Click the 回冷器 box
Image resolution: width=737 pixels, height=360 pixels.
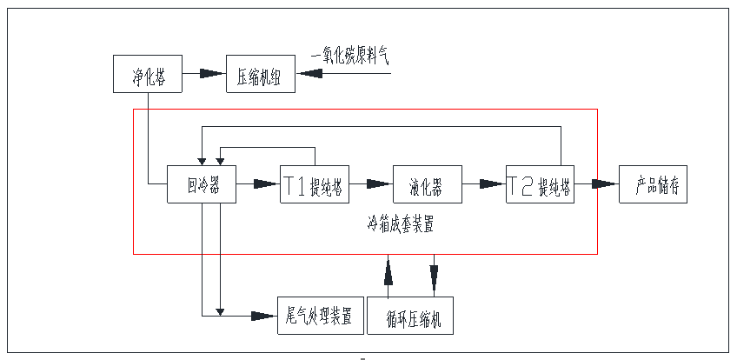pos(201,184)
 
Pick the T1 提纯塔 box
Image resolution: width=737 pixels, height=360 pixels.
pos(314,184)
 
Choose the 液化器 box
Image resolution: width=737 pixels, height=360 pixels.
pos(427,184)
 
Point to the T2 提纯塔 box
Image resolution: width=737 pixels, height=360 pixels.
pos(540,184)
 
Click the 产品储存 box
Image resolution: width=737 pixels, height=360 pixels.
pos(653,184)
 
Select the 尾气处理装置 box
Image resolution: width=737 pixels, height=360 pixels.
pos(319,315)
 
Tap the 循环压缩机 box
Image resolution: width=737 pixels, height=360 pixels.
pos(410,317)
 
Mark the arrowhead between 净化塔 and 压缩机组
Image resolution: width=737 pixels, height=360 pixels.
pos(212,74)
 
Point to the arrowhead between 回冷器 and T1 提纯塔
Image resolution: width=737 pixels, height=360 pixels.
pos(264,184)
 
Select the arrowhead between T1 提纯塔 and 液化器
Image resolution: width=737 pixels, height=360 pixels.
pos(377,184)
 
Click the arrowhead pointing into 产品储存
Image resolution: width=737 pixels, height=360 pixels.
pos(603,184)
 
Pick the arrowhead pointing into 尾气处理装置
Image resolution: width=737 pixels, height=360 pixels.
pos(262,314)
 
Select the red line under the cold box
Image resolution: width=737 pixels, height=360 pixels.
pos(365,254)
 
